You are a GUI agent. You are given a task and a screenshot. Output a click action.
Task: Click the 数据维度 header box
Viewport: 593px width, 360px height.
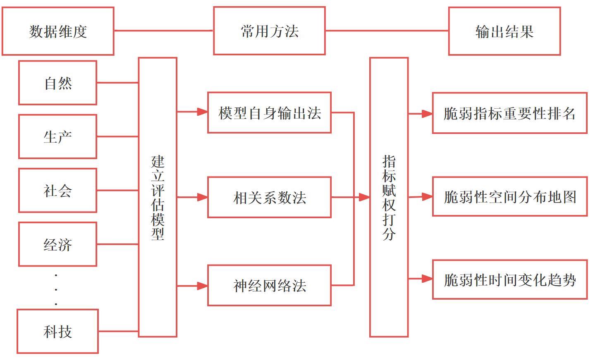[58, 31]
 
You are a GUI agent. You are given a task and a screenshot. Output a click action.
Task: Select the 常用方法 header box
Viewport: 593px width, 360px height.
[269, 31]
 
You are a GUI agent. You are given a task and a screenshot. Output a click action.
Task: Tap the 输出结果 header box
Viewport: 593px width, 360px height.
[504, 31]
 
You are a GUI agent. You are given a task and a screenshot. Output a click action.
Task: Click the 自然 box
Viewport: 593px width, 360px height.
[57, 83]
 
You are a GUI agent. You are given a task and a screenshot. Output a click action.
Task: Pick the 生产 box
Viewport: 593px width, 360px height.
[57, 136]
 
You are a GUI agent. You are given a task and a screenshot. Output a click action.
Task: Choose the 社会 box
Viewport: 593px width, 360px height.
[57, 190]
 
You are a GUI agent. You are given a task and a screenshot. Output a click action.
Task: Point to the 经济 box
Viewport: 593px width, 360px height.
[57, 244]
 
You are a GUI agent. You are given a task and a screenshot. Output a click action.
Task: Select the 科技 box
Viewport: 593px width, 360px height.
[57, 331]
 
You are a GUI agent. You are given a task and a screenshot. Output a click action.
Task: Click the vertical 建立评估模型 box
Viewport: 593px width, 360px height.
[158, 197]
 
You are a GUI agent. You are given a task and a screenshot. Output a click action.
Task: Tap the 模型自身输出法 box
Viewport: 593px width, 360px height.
[269, 112]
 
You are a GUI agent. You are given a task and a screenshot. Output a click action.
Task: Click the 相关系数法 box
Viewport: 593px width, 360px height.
[269, 197]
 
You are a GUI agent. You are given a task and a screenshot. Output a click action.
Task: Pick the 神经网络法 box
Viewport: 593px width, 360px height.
[269, 285]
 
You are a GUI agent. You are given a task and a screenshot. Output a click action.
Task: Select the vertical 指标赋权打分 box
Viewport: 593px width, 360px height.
[389, 197]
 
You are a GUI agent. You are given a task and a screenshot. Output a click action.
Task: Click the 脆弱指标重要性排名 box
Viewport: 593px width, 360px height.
[509, 113]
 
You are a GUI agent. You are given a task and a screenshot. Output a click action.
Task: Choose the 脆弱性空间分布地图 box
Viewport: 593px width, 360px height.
[509, 197]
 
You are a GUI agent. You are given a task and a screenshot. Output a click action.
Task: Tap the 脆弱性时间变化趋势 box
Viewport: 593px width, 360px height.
[509, 279]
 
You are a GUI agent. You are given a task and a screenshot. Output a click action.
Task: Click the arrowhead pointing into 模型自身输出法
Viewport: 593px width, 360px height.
[203, 112]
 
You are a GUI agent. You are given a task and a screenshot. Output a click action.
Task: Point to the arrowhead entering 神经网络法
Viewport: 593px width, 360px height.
[203, 286]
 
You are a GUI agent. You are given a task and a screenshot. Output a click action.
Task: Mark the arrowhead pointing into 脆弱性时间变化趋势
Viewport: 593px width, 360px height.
[428, 279]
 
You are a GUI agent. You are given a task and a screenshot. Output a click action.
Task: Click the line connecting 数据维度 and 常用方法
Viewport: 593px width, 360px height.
[163, 30]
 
